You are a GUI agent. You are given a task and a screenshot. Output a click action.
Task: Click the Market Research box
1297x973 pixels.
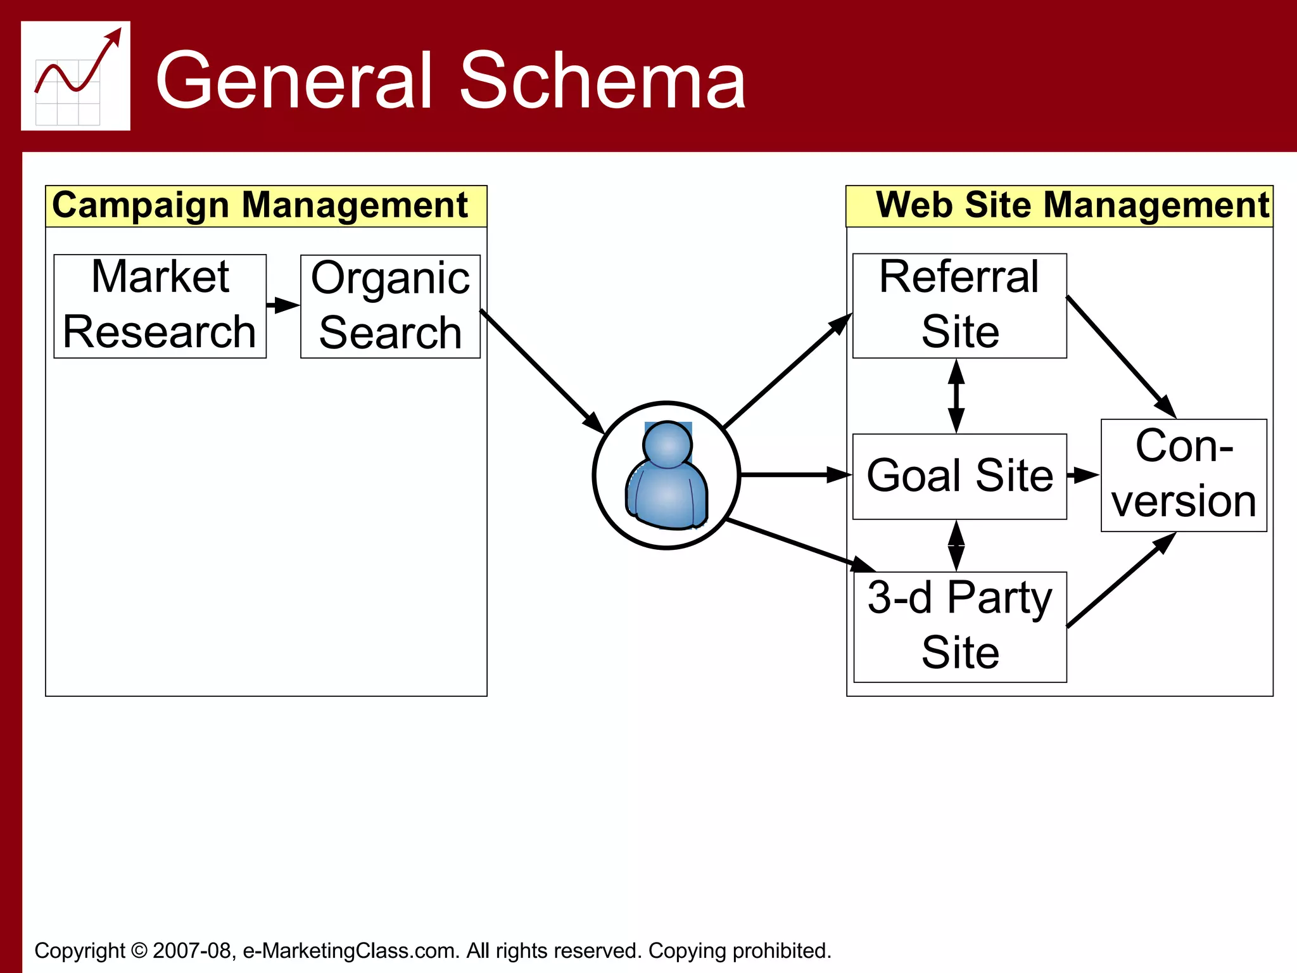160,306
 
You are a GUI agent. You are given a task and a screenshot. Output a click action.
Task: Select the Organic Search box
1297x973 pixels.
390,307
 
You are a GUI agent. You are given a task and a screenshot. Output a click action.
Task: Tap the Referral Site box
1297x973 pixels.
959,306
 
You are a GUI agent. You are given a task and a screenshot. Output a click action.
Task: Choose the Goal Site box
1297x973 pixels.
959,476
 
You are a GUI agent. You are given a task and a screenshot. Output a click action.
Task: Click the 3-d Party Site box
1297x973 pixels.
959,626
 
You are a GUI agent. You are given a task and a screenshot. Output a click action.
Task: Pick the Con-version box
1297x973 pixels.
1184,475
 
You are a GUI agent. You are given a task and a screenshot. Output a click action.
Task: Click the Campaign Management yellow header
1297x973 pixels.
266,206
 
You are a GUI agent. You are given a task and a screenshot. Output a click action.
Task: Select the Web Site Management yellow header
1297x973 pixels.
1060,206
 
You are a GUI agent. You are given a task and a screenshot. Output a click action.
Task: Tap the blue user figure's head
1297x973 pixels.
667,444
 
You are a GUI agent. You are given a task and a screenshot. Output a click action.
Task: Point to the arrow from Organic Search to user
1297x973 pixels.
541,371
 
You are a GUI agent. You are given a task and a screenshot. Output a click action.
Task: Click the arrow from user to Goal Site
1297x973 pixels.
795,474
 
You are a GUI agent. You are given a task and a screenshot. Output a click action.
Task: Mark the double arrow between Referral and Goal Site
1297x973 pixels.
956,396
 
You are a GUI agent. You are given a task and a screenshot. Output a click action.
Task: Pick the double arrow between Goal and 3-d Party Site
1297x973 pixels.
956,545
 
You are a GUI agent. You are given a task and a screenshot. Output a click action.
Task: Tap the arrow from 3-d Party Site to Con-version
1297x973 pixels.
1121,580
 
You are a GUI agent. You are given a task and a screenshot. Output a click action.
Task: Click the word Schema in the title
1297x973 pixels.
602,81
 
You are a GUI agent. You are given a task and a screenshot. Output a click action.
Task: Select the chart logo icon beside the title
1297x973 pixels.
75,76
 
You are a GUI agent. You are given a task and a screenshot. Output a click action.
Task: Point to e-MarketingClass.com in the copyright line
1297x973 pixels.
351,951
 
